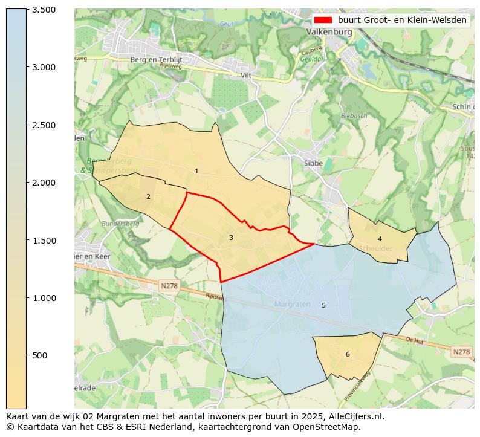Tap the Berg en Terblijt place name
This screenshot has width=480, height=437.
(156, 59)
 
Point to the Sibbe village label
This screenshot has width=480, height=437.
(313, 163)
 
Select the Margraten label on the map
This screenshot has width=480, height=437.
(293, 304)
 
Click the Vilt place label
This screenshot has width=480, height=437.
(246, 76)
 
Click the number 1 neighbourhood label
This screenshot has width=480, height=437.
(196, 172)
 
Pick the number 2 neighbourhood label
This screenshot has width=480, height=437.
(148, 196)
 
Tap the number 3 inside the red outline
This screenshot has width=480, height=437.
(231, 238)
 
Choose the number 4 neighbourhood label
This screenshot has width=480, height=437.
(380, 239)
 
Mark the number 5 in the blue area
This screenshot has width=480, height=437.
(323, 305)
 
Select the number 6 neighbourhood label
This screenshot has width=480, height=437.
(348, 354)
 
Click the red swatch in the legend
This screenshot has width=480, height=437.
(323, 20)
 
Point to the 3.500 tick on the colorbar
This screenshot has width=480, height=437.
(44, 10)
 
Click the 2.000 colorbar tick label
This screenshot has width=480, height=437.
(44, 183)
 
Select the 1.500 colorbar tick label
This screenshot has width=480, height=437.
(44, 241)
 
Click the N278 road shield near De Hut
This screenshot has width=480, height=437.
(461, 351)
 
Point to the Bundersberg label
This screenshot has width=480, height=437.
(121, 224)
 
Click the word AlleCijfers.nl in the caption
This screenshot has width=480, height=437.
(351, 416)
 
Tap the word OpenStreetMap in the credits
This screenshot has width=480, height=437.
(330, 427)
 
